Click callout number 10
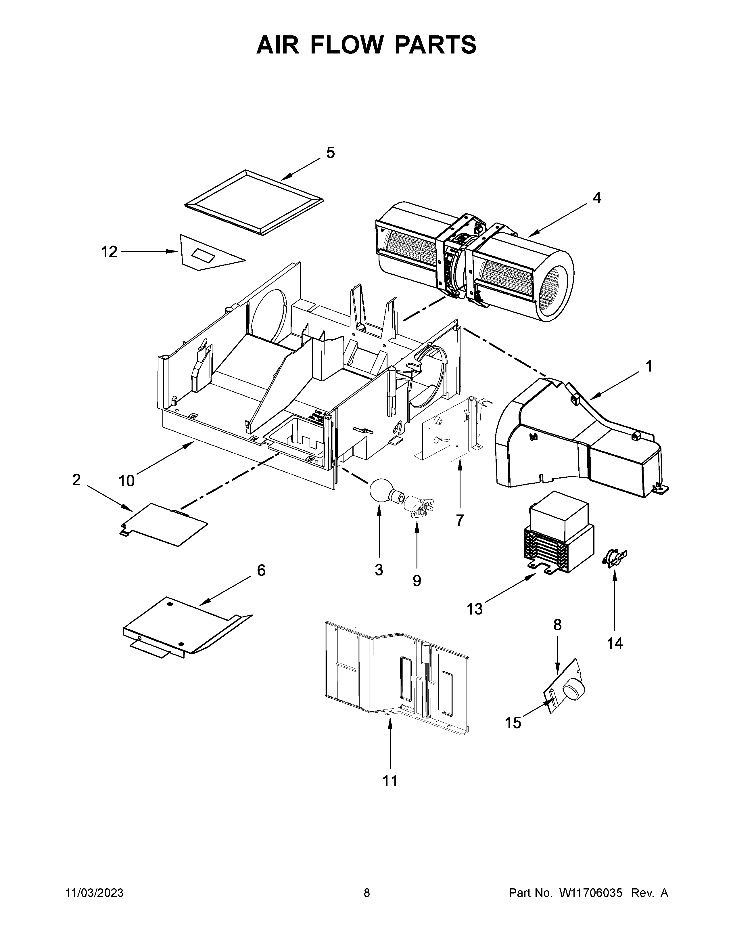click(x=126, y=481)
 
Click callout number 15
click(x=513, y=723)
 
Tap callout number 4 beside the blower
click(x=597, y=198)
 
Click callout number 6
click(x=261, y=570)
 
